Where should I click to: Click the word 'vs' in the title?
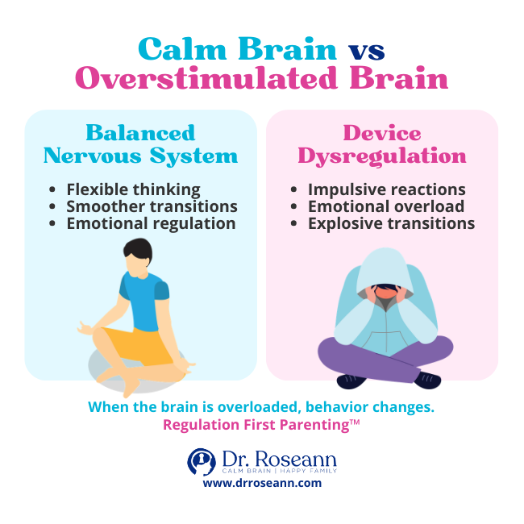click(x=366, y=50)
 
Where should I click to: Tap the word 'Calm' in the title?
click(x=184, y=50)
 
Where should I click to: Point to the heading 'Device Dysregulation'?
click(x=382, y=143)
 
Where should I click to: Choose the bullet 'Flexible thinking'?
click(x=133, y=190)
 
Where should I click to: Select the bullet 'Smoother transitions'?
click(x=152, y=207)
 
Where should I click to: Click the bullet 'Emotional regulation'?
click(x=151, y=224)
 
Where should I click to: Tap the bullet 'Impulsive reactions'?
click(x=387, y=190)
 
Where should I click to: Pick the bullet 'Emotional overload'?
click(x=386, y=207)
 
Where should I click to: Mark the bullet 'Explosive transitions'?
click(x=392, y=224)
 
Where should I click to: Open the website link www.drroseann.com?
click(x=262, y=484)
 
